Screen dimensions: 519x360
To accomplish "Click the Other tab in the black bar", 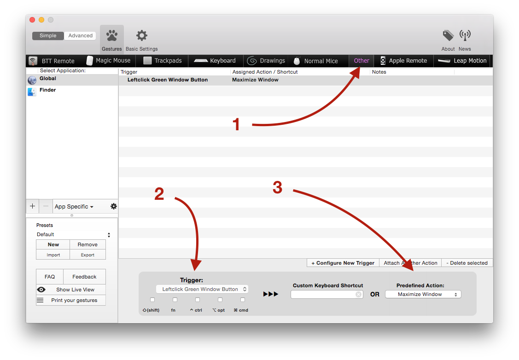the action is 361,61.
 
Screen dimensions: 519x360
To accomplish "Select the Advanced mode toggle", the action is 80,36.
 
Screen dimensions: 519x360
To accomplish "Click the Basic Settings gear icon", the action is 142,35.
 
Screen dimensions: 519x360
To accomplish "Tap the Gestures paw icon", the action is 112,35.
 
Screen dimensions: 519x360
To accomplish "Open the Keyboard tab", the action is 215,61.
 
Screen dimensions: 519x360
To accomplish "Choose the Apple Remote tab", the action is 404,61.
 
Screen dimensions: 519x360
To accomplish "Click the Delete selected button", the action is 467,263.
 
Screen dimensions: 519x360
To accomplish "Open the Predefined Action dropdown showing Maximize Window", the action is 423,295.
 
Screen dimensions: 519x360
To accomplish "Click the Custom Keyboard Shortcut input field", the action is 327,295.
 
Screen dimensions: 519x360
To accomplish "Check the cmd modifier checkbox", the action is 243,300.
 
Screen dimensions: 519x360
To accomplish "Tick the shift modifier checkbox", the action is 152,300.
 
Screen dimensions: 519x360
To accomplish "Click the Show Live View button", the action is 71,290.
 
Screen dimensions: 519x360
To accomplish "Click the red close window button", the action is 32,20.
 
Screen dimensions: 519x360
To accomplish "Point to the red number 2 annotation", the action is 159,194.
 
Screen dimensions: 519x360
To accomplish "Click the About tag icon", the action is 448,35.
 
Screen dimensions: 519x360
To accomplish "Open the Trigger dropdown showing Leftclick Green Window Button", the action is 202,289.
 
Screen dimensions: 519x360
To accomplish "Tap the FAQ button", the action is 50,277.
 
